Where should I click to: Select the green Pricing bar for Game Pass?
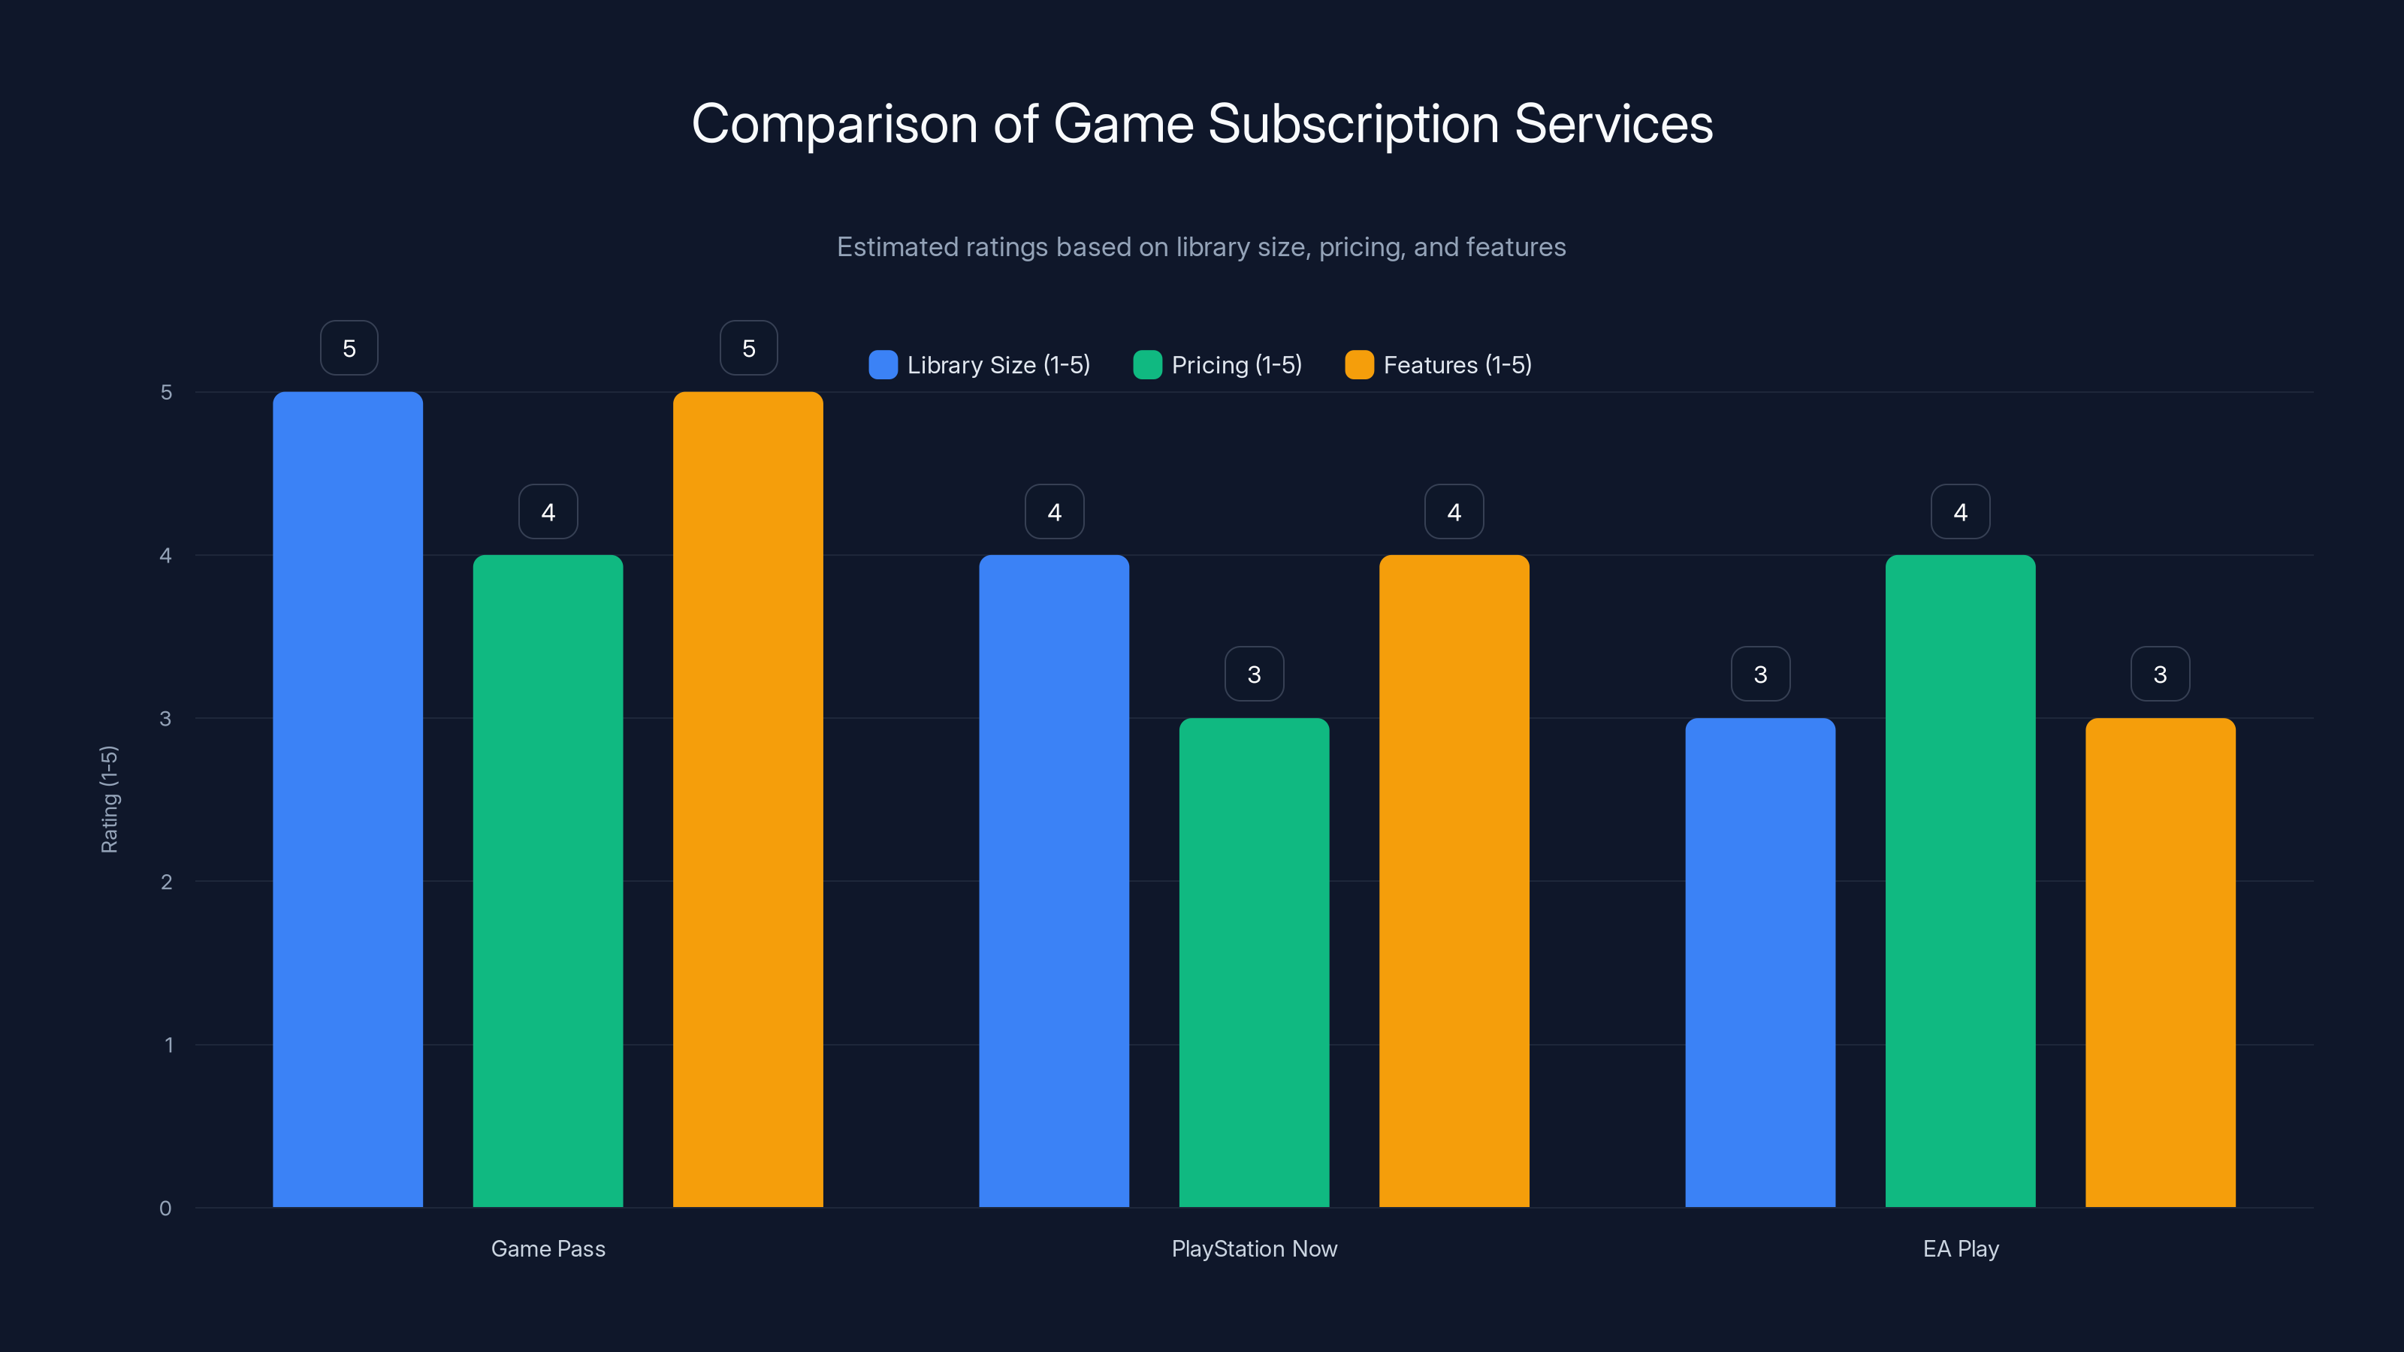[548, 881]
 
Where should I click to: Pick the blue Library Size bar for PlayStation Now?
[1053, 881]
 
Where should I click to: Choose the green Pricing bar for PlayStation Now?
[1253, 962]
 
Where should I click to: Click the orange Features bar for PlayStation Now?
[1454, 881]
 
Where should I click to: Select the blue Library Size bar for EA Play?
[1760, 962]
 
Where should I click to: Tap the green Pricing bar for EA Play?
[1960, 881]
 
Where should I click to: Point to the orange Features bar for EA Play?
[2160, 962]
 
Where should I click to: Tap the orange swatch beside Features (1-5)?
[1359, 365]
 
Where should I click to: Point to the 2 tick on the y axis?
[166, 882]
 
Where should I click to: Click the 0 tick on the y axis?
[165, 1209]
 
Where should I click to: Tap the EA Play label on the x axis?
[1960, 1248]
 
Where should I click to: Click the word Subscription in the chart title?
[1353, 124]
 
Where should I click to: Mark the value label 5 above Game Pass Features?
[748, 348]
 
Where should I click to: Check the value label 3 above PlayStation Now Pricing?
[1253, 674]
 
